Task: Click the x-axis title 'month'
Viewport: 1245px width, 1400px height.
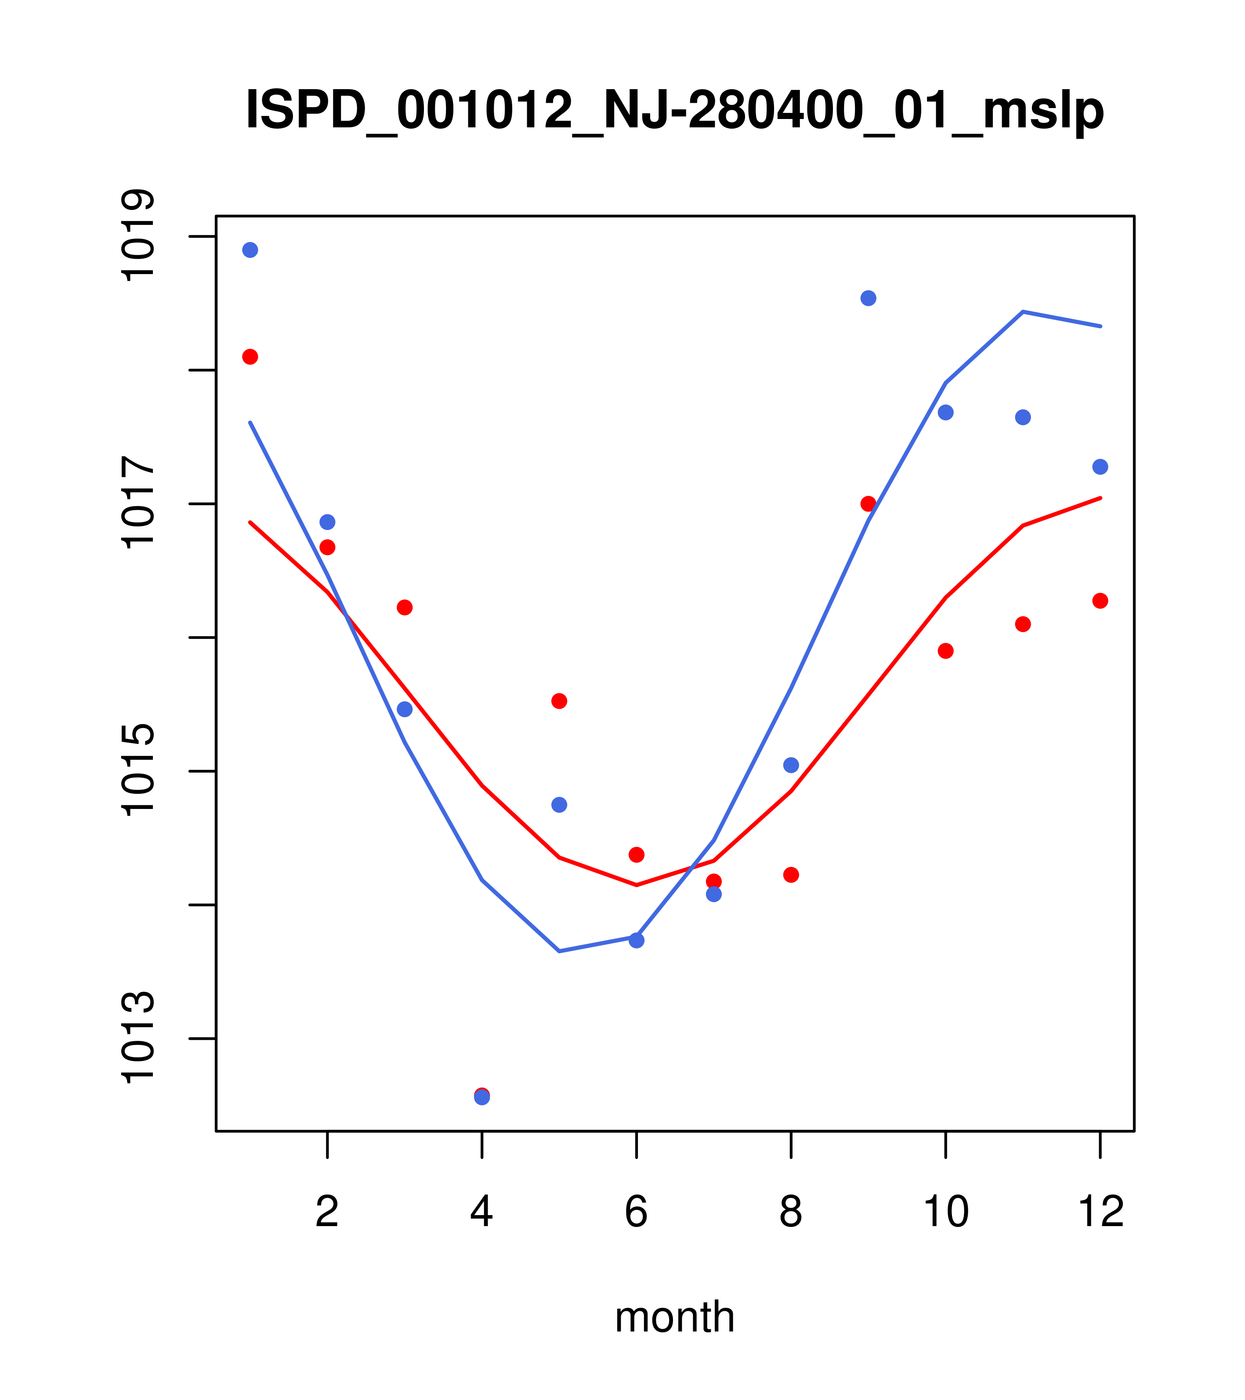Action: tap(675, 1317)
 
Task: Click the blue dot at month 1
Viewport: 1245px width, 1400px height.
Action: tap(250, 250)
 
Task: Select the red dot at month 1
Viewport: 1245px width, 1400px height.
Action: tap(250, 357)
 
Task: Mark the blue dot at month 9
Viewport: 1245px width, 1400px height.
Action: tap(868, 298)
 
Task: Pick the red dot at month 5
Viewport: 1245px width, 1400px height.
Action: tap(559, 701)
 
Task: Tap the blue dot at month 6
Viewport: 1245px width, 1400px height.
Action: tap(637, 940)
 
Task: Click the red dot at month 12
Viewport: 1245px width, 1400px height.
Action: tap(1100, 601)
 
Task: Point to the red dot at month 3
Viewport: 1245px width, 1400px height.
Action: tap(405, 607)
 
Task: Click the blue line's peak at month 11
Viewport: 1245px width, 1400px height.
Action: tap(1023, 312)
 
